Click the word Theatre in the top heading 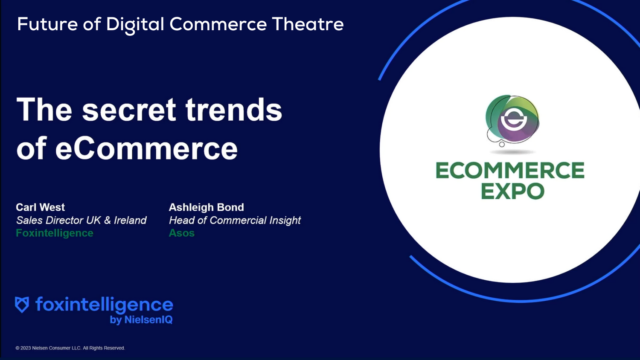308,24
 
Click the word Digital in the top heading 135,25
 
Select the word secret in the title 128,110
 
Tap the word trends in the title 233,110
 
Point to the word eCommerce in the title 146,148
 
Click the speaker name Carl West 40,207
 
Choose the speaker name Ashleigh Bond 206,207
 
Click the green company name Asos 181,233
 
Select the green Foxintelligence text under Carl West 55,233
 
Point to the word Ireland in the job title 130,220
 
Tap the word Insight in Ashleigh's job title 285,221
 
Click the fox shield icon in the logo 22,305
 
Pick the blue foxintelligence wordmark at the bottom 104,305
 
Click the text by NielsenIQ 141,319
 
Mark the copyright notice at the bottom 70,348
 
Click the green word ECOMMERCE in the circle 510,171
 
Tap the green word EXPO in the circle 512,191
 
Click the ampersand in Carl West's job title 107,220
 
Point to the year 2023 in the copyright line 26,348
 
